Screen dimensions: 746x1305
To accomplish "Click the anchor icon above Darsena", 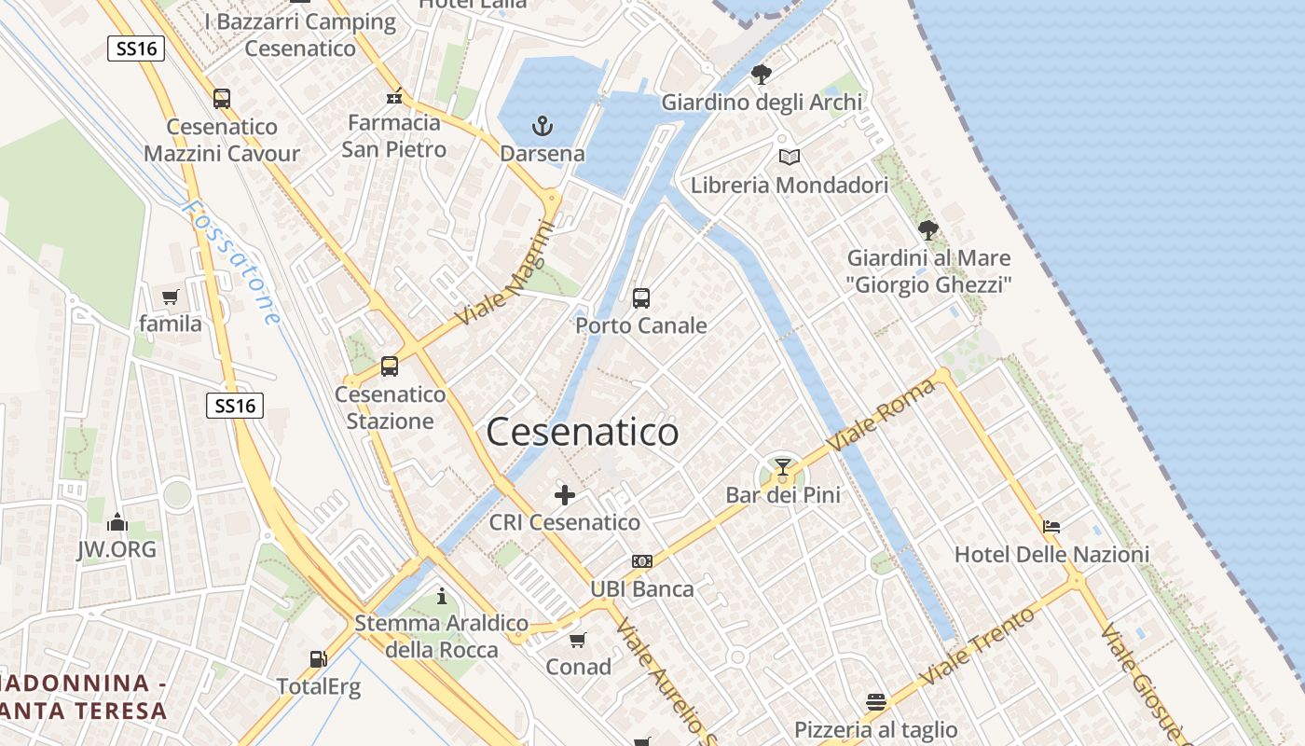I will click(x=542, y=125).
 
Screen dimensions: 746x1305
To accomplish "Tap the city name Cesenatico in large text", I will click(x=583, y=433).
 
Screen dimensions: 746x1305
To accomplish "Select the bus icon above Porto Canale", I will click(x=641, y=298).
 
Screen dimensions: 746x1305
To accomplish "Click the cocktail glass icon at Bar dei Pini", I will click(x=782, y=467).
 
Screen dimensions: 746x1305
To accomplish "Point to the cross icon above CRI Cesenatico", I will click(x=565, y=495).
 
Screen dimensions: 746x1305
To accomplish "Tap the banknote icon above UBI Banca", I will click(x=642, y=561).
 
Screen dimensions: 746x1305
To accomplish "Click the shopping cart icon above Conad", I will click(x=578, y=640).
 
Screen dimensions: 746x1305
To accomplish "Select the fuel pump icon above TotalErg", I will click(x=318, y=659).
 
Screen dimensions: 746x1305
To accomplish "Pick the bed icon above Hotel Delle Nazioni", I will click(x=1051, y=527).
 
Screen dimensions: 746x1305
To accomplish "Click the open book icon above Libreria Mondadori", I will click(x=790, y=158).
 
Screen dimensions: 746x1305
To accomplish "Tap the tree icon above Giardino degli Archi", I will click(x=762, y=74).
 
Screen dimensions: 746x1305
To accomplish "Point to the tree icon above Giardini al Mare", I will click(x=928, y=229).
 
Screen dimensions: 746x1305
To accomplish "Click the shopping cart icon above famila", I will click(x=170, y=297).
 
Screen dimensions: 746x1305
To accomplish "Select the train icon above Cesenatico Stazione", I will click(x=390, y=366).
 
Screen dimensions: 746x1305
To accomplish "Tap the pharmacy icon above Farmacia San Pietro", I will click(x=393, y=96).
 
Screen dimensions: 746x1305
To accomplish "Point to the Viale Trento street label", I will click(x=978, y=645).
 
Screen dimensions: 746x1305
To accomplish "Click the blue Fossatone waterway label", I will click(x=233, y=262).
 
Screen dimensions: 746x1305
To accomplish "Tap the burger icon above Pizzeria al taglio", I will click(x=875, y=701).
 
